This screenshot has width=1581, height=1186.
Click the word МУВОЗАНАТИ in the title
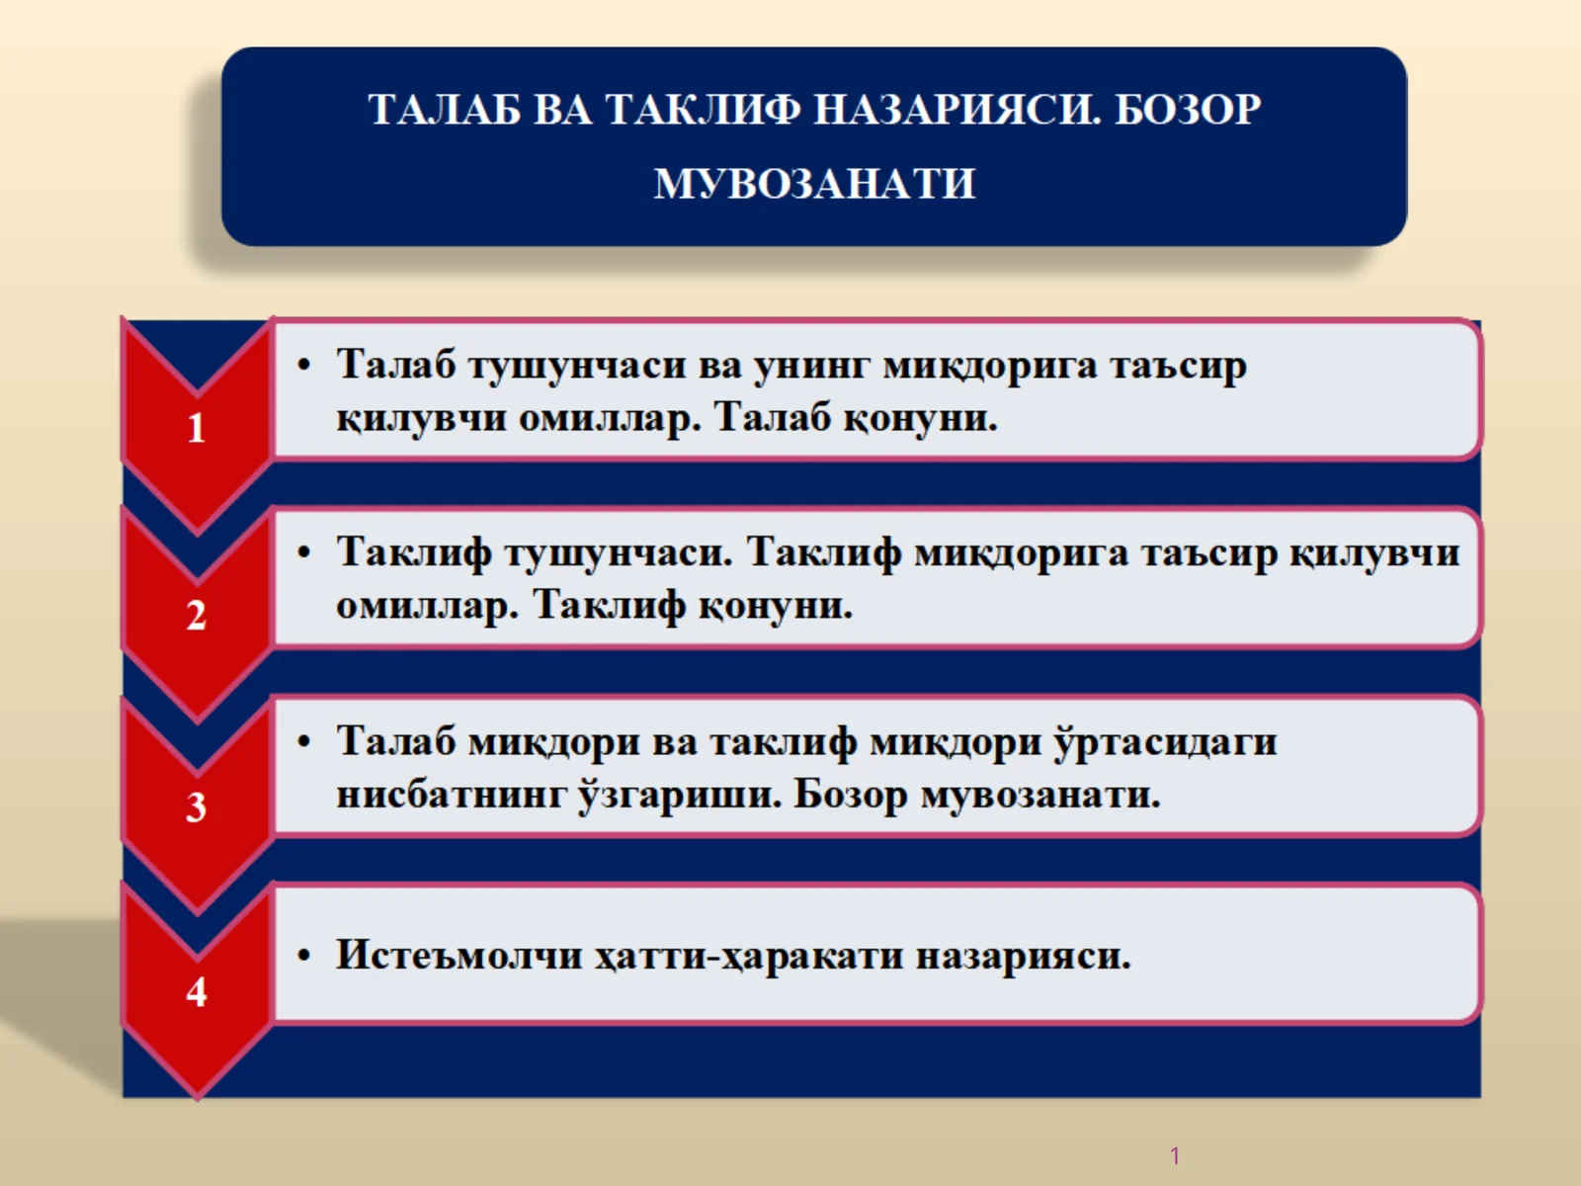point(814,184)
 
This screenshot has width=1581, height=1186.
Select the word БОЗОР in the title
point(1188,109)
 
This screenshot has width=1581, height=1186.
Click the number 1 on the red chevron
point(197,428)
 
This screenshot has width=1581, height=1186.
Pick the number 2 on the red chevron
point(197,616)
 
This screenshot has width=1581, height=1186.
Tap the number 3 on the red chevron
point(197,807)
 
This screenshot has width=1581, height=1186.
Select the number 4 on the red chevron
point(197,991)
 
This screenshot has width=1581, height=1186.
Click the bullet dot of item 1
point(304,366)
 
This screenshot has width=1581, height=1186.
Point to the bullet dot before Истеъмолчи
point(304,956)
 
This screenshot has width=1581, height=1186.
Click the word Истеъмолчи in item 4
point(458,956)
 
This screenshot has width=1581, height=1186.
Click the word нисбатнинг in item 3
point(451,795)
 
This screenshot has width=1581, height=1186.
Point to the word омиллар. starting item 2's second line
point(427,605)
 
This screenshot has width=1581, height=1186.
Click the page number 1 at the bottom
point(1175,1155)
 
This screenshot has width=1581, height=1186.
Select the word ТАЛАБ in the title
point(444,109)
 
